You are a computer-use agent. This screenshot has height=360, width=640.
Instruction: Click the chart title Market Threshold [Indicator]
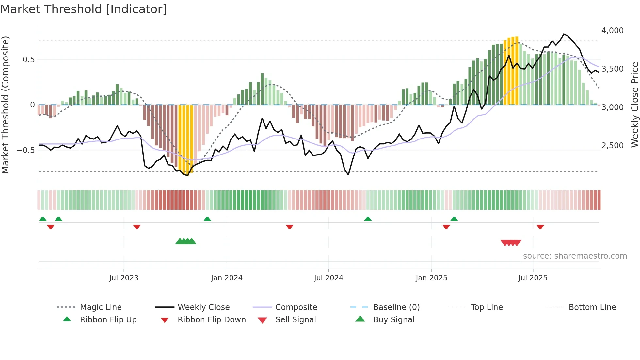84,9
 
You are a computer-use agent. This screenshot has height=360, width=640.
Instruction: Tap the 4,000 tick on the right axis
612,31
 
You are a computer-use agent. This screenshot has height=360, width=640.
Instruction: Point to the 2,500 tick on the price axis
612,146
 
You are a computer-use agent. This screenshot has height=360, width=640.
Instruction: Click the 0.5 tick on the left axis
28,59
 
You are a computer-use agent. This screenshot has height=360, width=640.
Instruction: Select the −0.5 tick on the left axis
26,150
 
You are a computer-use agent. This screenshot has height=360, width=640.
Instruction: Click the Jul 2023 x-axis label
124,278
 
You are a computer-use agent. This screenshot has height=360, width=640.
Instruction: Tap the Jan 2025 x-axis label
431,278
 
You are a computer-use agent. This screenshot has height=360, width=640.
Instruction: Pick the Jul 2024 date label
328,278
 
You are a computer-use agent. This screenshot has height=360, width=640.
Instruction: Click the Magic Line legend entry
101,307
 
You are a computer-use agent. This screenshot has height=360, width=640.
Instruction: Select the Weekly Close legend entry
203,307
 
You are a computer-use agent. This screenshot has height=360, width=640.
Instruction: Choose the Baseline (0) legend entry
396,307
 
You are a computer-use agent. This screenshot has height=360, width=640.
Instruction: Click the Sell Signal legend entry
295,320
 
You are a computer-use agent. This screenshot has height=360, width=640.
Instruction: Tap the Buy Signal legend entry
393,320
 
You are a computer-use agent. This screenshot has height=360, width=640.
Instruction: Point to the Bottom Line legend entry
592,307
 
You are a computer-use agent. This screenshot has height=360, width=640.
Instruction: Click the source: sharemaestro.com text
575,256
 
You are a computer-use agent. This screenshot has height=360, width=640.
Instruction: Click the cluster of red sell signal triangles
511,243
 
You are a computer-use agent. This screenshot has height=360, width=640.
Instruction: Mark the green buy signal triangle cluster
186,241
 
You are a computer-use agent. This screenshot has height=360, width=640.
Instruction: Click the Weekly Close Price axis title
634,105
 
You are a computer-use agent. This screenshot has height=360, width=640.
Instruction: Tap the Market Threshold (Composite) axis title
5,105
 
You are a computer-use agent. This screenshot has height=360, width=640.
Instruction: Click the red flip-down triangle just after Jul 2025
540,227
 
